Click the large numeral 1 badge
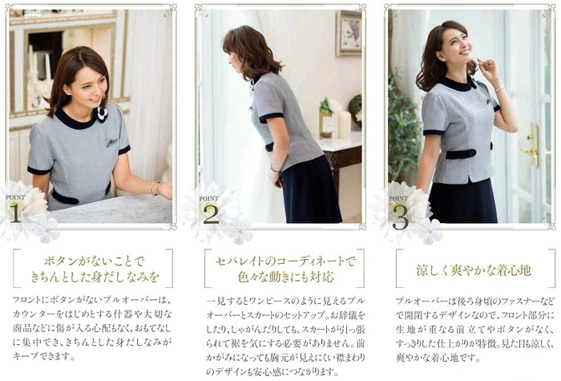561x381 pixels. coord(15,213)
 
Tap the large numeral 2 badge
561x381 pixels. coord(211,213)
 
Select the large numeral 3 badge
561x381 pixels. coord(400,217)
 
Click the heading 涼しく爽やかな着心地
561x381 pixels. coord(474,270)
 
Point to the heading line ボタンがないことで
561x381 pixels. coord(94,261)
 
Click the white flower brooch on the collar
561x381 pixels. coord(102,114)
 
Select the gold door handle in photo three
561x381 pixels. coord(532,145)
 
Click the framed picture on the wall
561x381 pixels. coord(348,33)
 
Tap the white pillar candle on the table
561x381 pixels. coord(344,124)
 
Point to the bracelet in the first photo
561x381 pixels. coord(154,187)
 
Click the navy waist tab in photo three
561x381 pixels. coord(461,154)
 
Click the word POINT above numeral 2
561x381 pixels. coord(208,198)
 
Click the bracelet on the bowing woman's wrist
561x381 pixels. coord(274,168)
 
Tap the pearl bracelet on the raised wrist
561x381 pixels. coord(499,87)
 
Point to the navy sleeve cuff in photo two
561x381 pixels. coord(271,117)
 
